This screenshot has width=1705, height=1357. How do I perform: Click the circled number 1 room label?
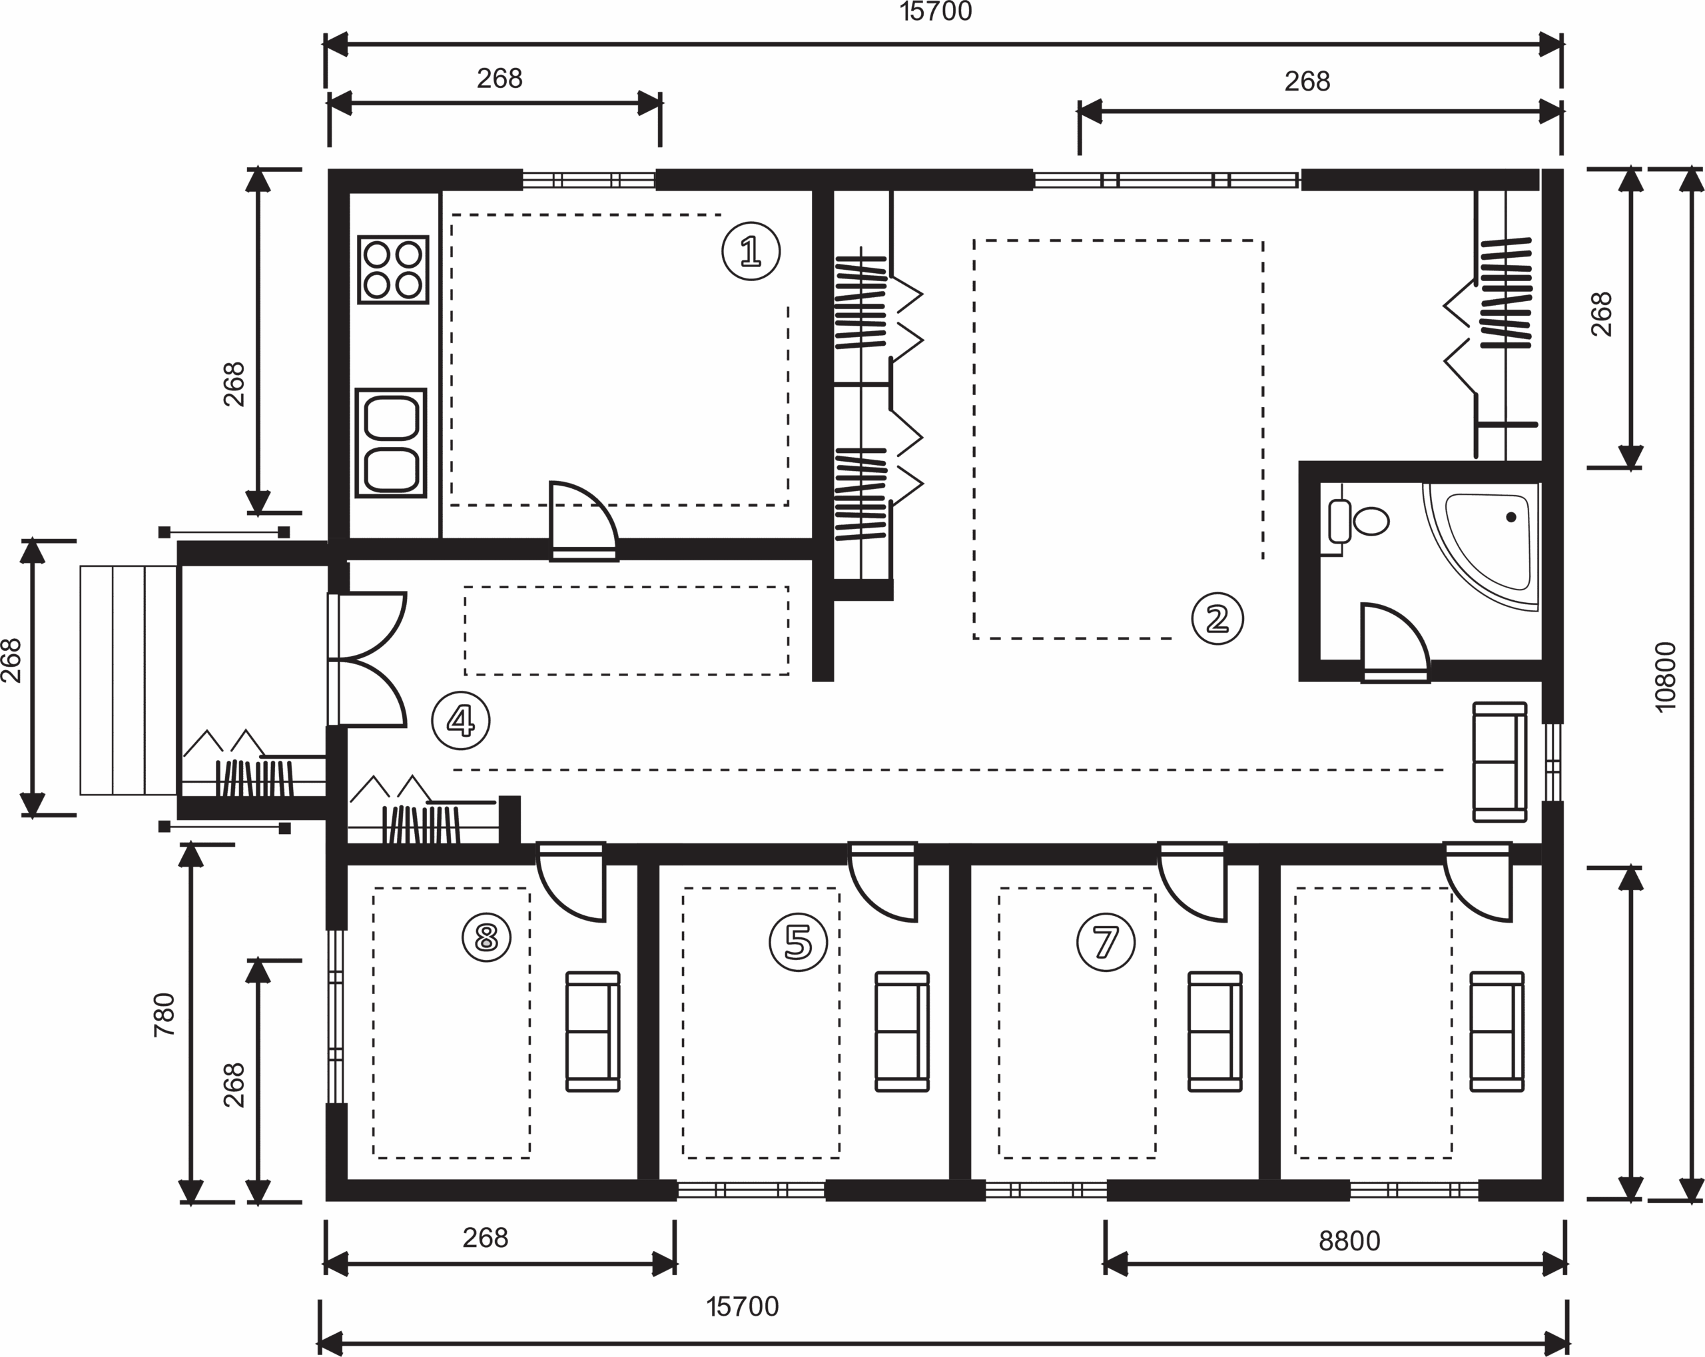pyautogui.click(x=751, y=251)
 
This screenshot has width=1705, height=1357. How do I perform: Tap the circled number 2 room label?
pyautogui.click(x=1217, y=618)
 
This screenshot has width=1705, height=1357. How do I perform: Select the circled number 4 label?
pyautogui.click(x=461, y=720)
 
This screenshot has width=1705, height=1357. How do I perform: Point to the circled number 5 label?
pyautogui.click(x=798, y=942)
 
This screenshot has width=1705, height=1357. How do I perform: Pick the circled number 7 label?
pyautogui.click(x=1106, y=942)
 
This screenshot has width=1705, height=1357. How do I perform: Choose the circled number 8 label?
pyautogui.click(x=486, y=937)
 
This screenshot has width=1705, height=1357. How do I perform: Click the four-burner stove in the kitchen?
pyautogui.click(x=392, y=270)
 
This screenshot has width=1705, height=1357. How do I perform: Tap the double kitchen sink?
pyautogui.click(x=391, y=443)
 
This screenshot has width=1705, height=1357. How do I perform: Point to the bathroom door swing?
pyautogui.click(x=1393, y=641)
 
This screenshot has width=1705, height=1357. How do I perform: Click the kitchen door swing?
pyautogui.click(x=582, y=518)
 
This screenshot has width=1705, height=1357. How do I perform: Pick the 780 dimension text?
pyautogui.click(x=164, y=1015)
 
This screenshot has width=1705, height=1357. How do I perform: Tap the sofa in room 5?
pyautogui.click(x=902, y=1032)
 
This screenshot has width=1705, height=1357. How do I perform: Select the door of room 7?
pyautogui.click(x=1193, y=882)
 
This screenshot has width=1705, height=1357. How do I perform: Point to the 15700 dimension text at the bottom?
pyautogui.click(x=743, y=1307)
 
